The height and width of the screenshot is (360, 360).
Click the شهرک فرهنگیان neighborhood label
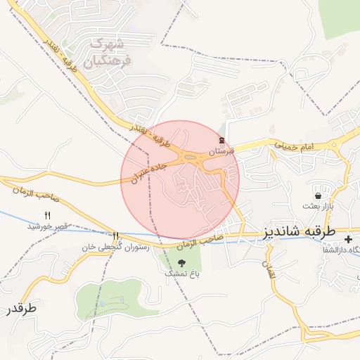(106, 53)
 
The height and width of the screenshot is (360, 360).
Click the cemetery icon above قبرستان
(222, 141)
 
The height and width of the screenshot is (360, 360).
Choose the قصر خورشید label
(47, 226)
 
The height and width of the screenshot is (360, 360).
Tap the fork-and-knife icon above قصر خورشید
(48, 214)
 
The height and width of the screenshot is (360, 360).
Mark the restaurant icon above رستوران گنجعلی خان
(115, 236)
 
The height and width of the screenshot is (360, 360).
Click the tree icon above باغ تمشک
(182, 262)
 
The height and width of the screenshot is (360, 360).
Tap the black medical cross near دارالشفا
(349, 240)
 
